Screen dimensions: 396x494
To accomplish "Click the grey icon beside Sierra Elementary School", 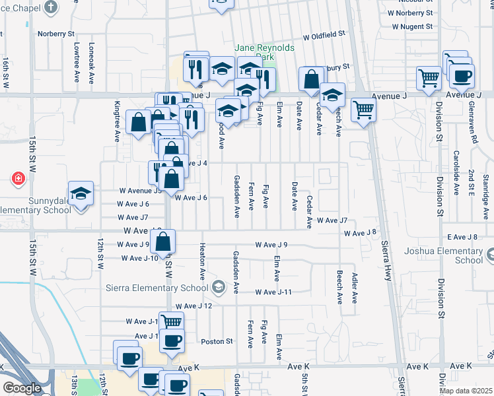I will coord(218,287).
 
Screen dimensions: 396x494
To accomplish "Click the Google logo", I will coord(22,388).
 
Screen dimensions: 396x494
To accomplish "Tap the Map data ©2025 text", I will coord(466,391).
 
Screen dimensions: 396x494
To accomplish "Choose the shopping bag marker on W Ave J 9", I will coord(164,242).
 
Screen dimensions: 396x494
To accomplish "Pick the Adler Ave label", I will coord(355,288).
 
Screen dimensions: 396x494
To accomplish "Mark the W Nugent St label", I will coord(411,27).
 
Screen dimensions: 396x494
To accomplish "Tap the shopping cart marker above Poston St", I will coord(171,322).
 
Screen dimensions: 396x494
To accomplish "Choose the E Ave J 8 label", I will coord(462,237).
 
